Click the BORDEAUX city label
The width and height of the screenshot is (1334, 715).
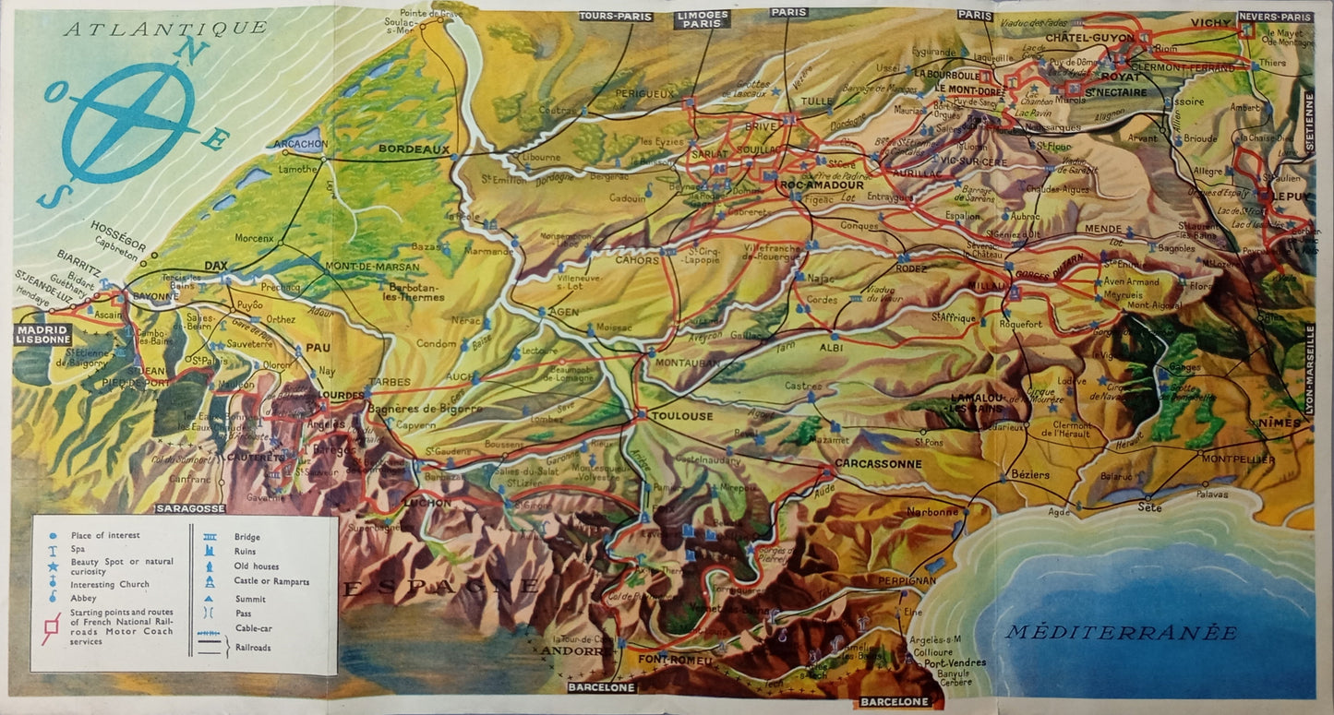pyautogui.click(x=414, y=149)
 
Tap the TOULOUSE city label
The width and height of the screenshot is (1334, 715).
pyautogui.click(x=681, y=416)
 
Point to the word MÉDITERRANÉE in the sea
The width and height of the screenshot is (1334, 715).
pyautogui.click(x=1121, y=633)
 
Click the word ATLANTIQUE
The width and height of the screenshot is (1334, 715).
pyautogui.click(x=165, y=29)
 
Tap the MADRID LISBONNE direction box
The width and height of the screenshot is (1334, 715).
pyautogui.click(x=42, y=334)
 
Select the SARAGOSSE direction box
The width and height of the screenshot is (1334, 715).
pyautogui.click(x=191, y=508)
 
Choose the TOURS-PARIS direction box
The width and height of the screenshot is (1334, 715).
pyautogui.click(x=615, y=17)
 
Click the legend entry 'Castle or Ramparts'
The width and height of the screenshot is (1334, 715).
pyautogui.click(x=271, y=582)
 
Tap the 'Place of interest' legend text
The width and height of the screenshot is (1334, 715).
pyautogui.click(x=105, y=535)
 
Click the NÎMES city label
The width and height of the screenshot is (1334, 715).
pyautogui.click(x=1279, y=424)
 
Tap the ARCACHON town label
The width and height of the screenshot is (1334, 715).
pyautogui.click(x=299, y=144)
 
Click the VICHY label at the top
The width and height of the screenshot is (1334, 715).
pyautogui.click(x=1210, y=22)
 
